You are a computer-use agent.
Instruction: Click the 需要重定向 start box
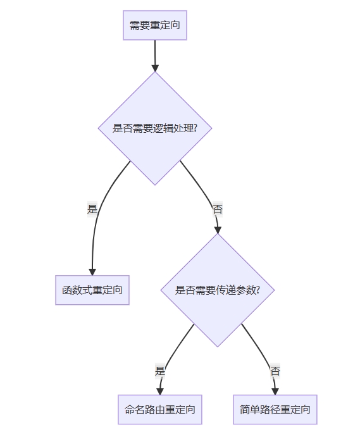(155, 25)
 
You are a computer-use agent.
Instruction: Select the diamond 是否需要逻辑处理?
(155, 128)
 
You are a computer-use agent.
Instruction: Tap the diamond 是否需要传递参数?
(218, 290)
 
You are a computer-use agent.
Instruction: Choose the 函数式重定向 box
(92, 290)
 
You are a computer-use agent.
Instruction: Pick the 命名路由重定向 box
(160, 409)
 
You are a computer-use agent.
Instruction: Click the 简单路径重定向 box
(275, 409)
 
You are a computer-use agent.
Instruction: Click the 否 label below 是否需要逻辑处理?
(218, 209)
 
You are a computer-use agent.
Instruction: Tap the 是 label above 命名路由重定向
(160, 371)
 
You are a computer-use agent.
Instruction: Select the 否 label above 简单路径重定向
(275, 371)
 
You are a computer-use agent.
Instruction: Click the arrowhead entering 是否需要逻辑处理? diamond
(155, 68)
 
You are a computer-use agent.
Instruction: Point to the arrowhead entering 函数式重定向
(92, 272)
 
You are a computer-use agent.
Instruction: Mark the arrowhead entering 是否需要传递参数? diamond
(218, 230)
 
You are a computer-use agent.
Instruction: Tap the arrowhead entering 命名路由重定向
(160, 391)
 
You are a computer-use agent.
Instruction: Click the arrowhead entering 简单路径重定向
(275, 391)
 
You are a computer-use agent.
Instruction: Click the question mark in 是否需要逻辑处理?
(196, 128)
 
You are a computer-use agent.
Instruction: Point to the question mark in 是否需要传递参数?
(258, 290)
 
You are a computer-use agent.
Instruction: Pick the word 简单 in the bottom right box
(249, 409)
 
